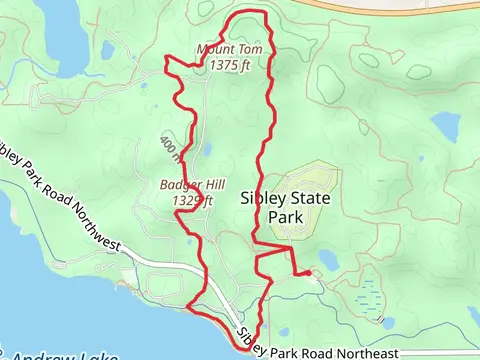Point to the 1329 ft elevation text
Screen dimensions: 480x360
click(x=193, y=200)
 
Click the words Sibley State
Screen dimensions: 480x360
click(x=284, y=199)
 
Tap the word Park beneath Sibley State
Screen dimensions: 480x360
click(x=284, y=217)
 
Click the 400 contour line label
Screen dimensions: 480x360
click(x=169, y=149)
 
